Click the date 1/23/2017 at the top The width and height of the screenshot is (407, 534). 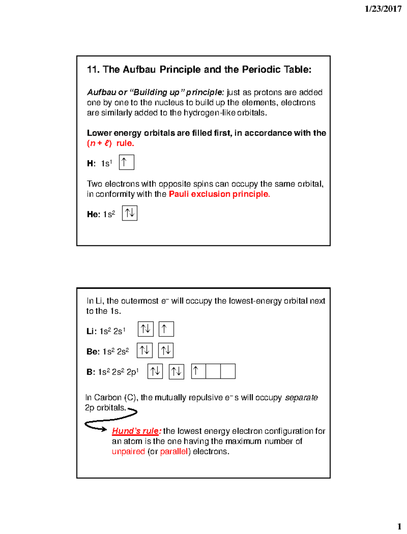point(383,9)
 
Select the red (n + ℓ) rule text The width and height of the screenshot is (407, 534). point(111,143)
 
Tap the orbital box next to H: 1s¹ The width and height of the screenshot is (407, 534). point(127,162)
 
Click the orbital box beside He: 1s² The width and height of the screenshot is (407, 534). point(130,213)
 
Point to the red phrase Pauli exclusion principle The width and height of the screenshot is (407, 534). point(219,194)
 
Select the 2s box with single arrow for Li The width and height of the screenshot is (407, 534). point(166,329)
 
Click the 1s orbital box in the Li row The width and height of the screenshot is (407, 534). point(146,329)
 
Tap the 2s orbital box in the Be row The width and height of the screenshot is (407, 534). point(166,351)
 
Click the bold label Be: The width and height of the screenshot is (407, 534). point(93,352)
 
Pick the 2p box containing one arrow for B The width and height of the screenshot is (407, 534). point(198,371)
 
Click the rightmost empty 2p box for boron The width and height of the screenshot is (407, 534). point(228,371)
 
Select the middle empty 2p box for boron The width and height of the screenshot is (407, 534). point(213,371)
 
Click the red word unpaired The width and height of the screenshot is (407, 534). point(128,452)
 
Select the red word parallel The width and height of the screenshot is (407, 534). point(174,452)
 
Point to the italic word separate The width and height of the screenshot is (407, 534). point(301,397)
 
